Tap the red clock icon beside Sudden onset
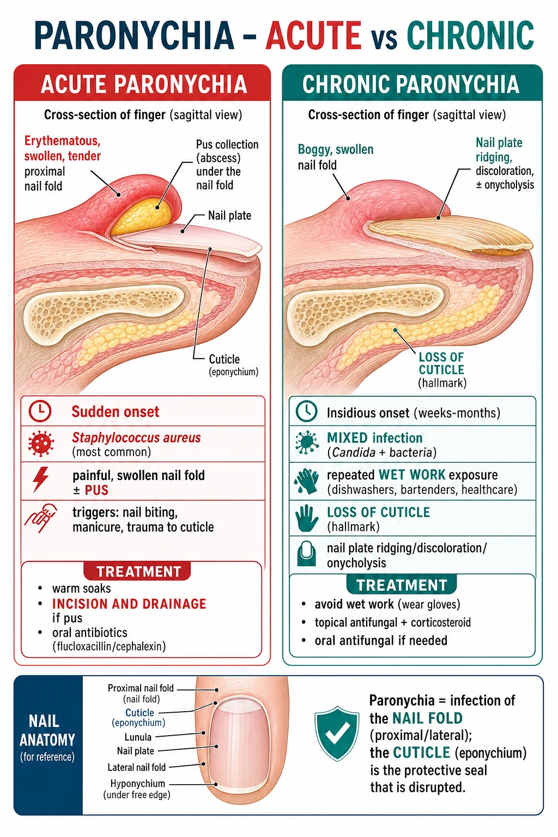coord(40,411)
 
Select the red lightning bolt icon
coord(40,479)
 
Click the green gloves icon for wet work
coord(306,481)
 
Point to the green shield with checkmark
coord(337,733)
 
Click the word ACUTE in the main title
coord(313,35)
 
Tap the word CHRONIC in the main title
coord(470,35)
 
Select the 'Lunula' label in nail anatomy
coord(138,737)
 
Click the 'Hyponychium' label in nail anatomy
coord(137,783)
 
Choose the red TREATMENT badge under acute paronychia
coord(137,571)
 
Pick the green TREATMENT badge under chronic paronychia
coord(402,585)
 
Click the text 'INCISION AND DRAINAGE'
coord(129,604)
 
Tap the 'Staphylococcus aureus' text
coord(136,438)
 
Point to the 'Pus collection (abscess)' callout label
coord(227,151)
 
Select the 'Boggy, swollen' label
coord(336,149)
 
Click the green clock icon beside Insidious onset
coord(306,411)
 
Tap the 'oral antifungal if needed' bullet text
coord(381,640)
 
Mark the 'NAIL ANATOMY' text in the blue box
coord(47,730)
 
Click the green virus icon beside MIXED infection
coord(306,442)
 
